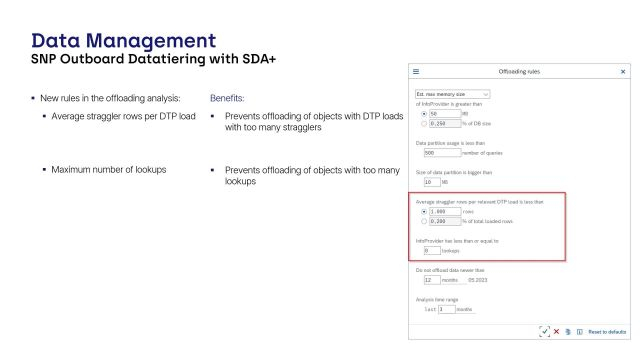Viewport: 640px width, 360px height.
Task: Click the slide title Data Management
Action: (x=123, y=41)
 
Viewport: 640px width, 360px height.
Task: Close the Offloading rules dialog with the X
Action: (x=623, y=72)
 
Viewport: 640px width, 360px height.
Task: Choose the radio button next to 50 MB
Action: (x=420, y=114)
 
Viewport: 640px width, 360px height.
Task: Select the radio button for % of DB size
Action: (x=420, y=123)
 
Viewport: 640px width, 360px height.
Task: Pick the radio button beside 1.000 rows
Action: (x=420, y=211)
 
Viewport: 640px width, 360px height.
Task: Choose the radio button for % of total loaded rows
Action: (x=420, y=220)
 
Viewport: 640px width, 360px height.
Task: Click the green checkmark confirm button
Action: (x=544, y=331)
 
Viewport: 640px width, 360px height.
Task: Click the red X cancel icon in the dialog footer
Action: (x=556, y=331)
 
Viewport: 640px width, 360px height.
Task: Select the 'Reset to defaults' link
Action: (x=605, y=331)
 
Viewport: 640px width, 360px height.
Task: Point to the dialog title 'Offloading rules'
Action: (x=519, y=72)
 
